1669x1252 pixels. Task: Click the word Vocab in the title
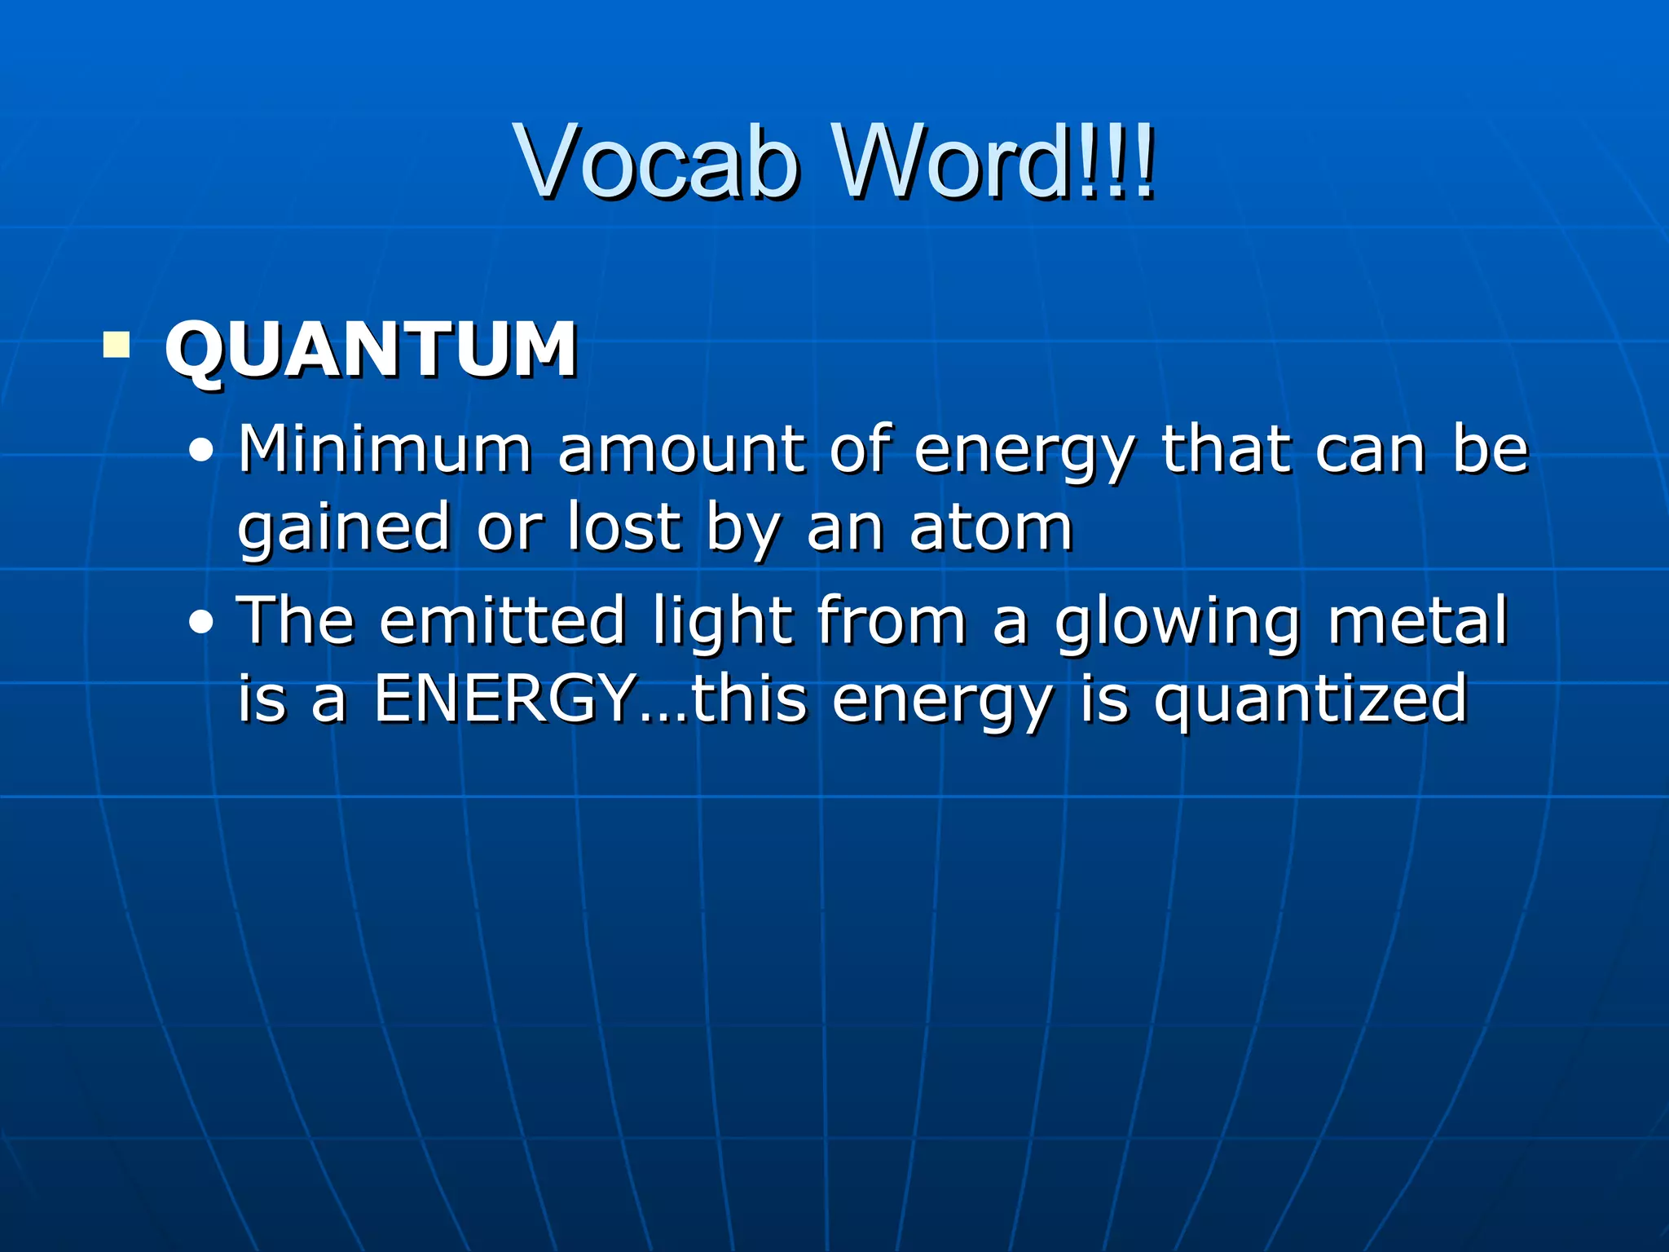[656, 161]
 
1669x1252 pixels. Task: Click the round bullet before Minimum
[200, 451]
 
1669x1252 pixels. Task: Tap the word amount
[681, 450]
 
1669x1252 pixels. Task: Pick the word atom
[991, 528]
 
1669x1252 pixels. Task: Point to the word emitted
[502, 620]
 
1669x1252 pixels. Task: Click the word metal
[1418, 620]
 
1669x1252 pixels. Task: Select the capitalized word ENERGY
[505, 699]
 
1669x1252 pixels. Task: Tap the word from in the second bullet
[892, 620]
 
